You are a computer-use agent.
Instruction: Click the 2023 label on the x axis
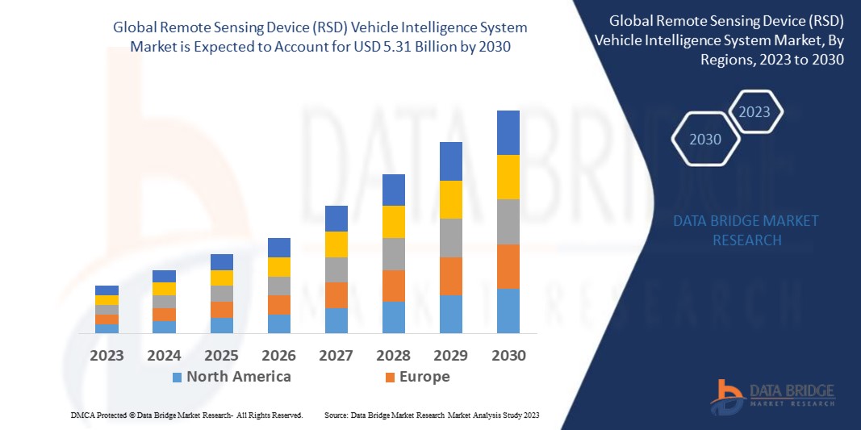point(107,356)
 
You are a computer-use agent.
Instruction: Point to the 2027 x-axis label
point(336,356)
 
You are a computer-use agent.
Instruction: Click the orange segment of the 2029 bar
point(450,276)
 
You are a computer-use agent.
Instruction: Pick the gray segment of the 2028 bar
point(393,253)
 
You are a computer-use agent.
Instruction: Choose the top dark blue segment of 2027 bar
point(336,218)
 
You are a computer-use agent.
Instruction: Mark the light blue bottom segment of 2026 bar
point(278,324)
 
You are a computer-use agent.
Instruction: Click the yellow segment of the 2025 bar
point(221,278)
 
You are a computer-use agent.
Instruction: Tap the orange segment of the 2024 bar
point(164,315)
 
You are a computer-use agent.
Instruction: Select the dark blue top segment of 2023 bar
point(107,290)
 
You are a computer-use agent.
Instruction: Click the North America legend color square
point(177,378)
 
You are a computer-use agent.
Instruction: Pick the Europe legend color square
point(391,378)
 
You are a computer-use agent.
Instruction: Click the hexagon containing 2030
point(705,140)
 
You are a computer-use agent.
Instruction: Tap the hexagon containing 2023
point(754,112)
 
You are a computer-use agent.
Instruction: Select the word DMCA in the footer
point(82,415)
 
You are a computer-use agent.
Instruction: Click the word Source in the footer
point(336,415)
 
